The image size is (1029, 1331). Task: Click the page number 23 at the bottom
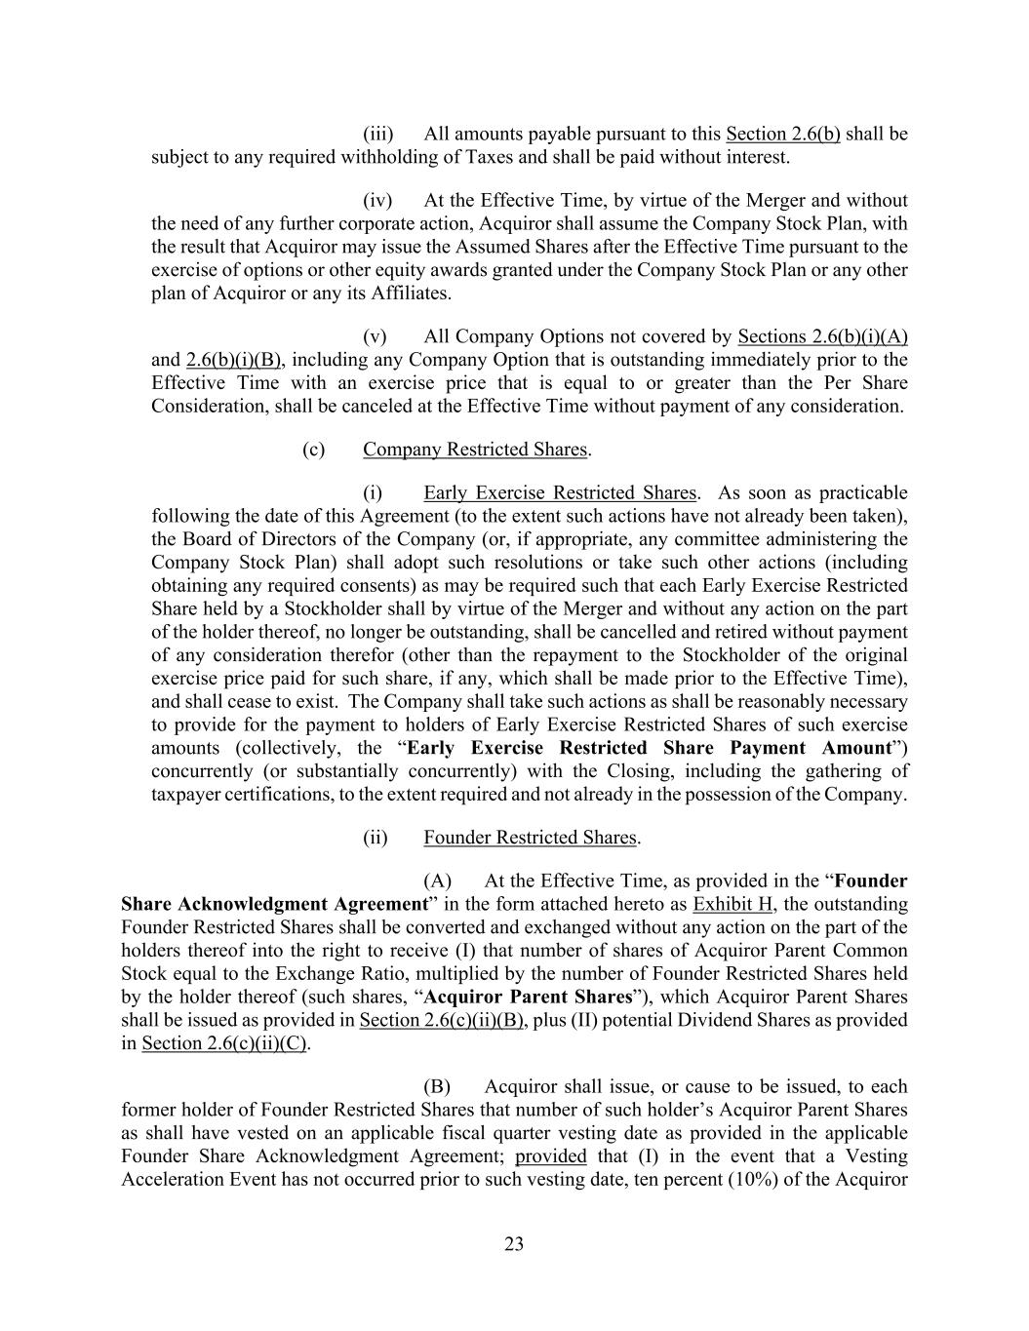click(x=514, y=1243)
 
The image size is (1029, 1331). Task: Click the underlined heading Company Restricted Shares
click(x=476, y=450)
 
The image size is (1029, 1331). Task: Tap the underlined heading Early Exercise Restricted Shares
click(x=560, y=492)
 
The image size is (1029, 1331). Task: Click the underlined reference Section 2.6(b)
click(x=782, y=134)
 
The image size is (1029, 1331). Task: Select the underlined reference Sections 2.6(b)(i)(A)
click(x=822, y=336)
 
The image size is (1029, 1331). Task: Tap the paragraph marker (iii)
click(x=377, y=134)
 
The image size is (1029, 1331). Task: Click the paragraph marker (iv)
click(x=377, y=200)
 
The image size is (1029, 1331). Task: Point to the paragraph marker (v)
click(x=376, y=336)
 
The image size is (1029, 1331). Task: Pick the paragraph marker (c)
click(x=313, y=450)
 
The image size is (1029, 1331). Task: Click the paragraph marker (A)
click(x=438, y=881)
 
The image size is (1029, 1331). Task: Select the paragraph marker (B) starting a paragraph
click(x=438, y=1086)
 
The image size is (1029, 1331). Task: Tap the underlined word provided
click(x=550, y=1156)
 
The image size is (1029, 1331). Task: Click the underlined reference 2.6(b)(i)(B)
click(x=233, y=360)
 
